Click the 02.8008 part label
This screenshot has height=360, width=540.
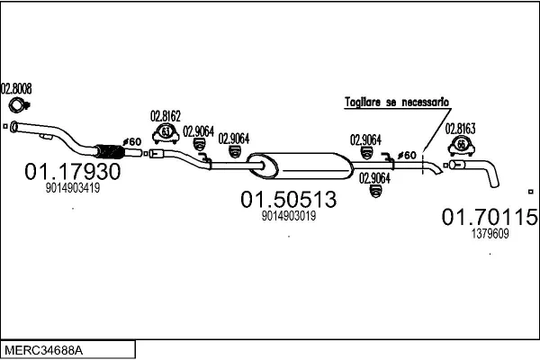point(16,88)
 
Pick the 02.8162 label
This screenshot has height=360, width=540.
point(166,116)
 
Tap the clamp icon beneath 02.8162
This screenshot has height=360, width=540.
point(166,135)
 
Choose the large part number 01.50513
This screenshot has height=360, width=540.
point(287,199)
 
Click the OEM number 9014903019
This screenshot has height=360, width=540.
point(290,216)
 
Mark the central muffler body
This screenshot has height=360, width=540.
point(301,165)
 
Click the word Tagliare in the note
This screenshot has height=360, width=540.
point(363,103)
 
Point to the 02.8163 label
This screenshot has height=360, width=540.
point(461,128)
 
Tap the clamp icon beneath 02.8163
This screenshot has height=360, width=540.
point(461,145)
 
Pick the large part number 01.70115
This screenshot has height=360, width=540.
point(490,217)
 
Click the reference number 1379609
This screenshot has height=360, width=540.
point(490,234)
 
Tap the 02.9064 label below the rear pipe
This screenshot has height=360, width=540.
point(374,177)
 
